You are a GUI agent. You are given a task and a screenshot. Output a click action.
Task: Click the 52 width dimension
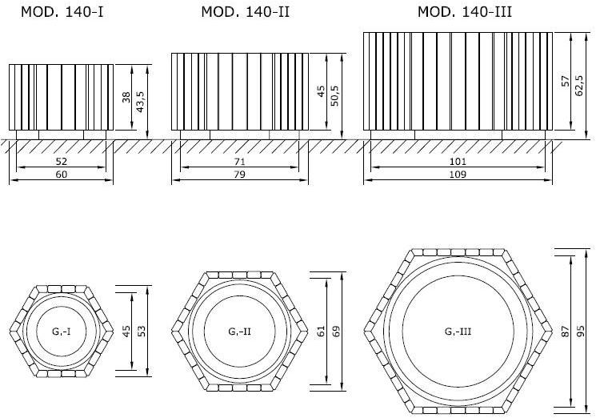pos(62,162)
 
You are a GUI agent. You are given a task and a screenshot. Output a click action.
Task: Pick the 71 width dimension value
pos(239,162)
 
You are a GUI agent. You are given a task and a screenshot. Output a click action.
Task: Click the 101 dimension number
pos(459,162)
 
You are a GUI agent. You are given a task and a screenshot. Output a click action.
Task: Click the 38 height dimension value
pos(126,98)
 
